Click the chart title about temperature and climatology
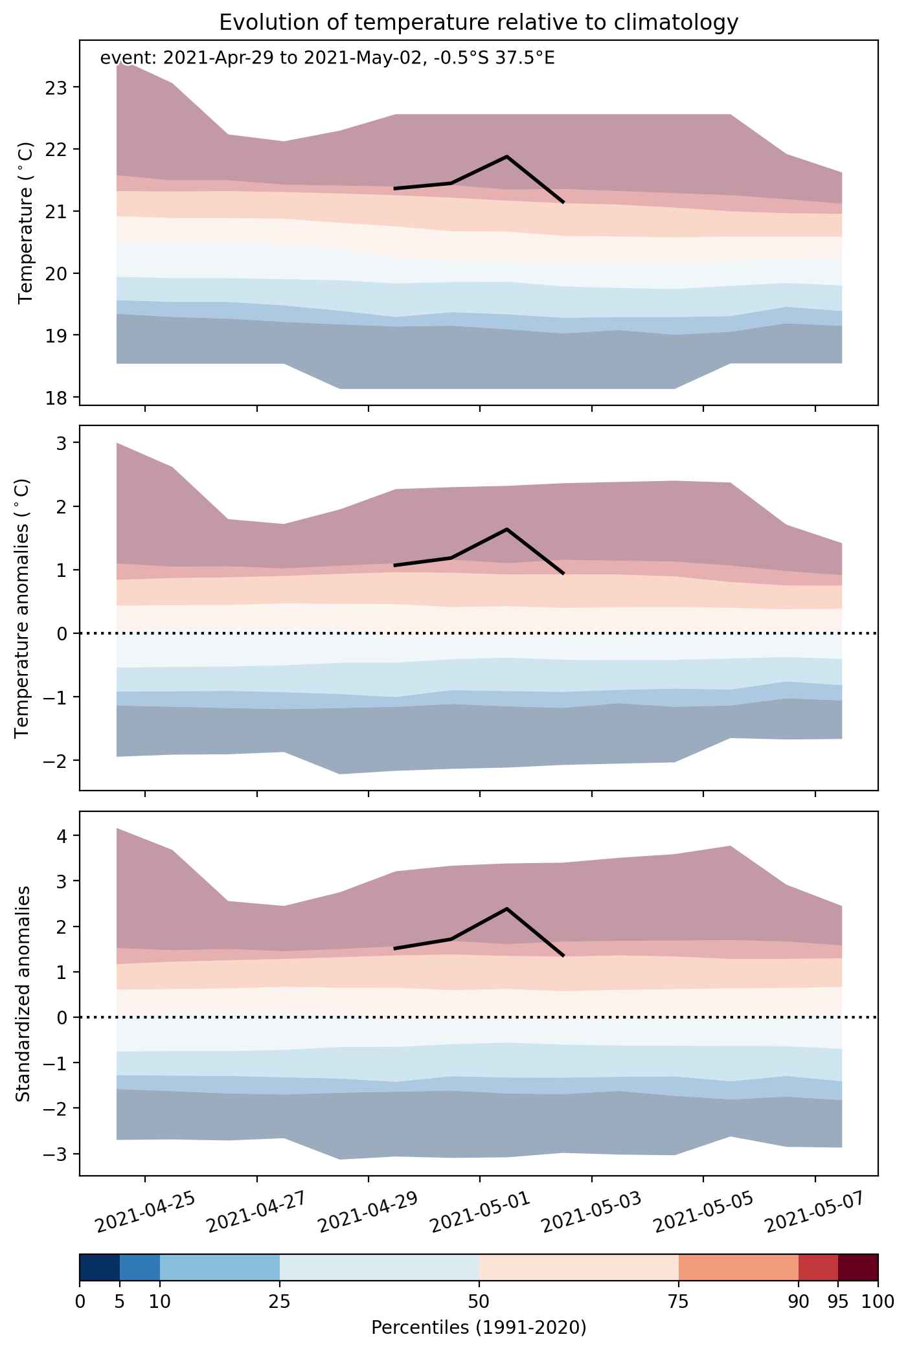479,23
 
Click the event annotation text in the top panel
327,59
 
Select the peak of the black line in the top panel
506,156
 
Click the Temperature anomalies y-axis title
21,607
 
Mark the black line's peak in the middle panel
506,529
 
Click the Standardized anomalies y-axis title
23,993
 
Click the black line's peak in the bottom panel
506,908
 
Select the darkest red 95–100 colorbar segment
858,1267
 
